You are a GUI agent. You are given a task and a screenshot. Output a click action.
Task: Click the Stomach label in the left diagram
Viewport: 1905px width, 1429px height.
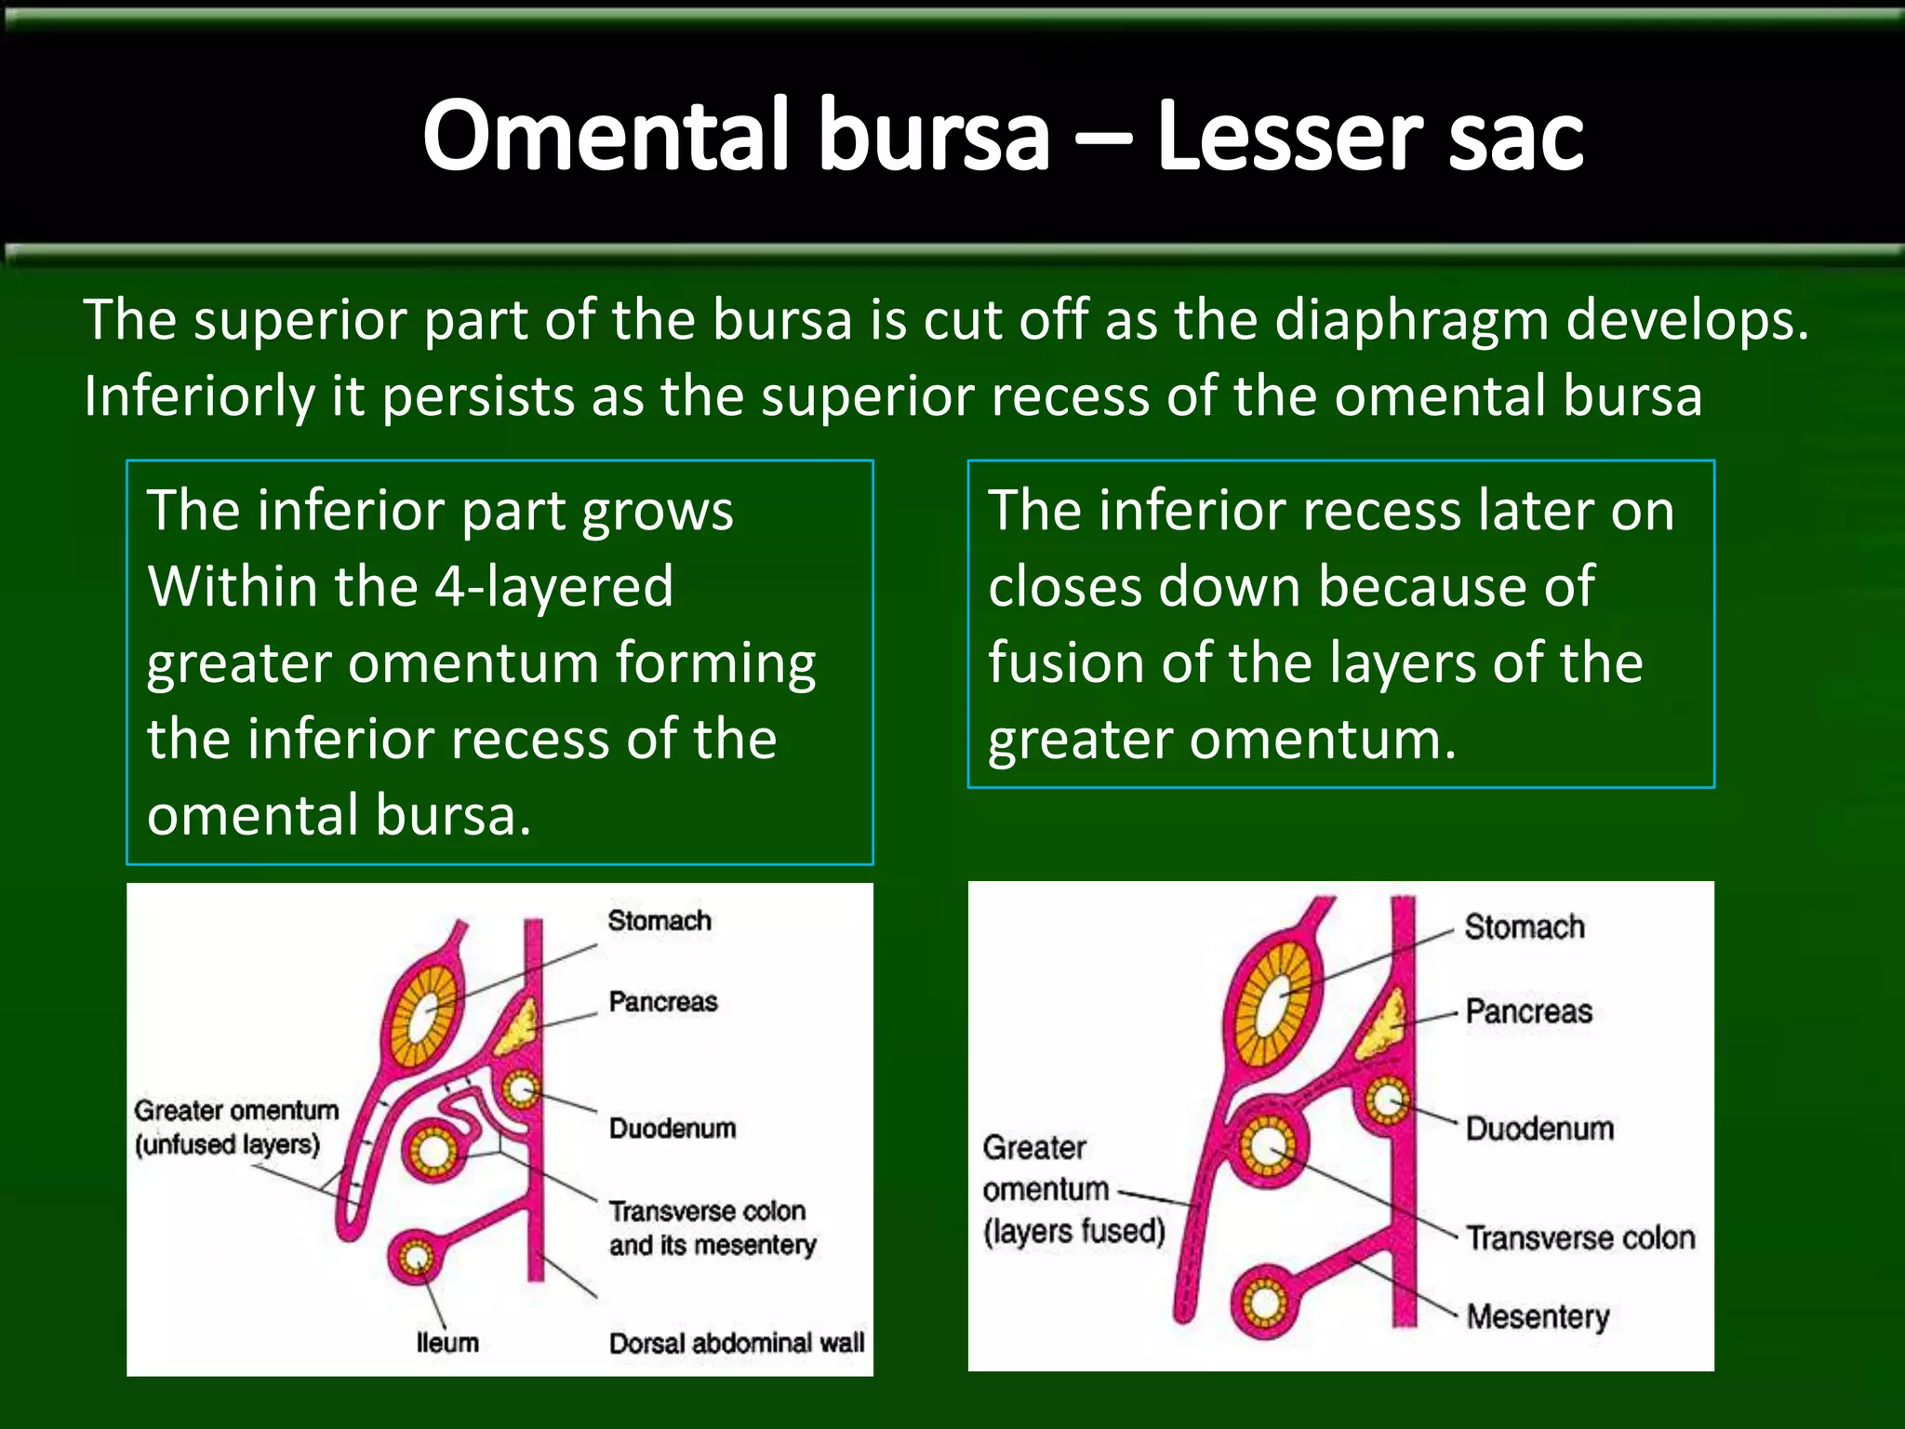(x=659, y=921)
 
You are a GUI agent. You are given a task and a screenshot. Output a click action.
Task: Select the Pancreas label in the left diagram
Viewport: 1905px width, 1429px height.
(x=663, y=1002)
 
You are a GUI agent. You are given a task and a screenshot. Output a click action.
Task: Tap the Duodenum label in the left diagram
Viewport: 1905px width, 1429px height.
(x=673, y=1129)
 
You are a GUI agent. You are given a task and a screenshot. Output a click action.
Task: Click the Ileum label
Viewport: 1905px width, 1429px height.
(x=447, y=1342)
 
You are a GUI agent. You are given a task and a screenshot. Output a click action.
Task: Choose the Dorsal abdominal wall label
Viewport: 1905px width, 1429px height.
(x=737, y=1342)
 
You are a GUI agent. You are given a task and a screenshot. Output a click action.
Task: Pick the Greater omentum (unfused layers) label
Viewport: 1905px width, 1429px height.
(x=235, y=1127)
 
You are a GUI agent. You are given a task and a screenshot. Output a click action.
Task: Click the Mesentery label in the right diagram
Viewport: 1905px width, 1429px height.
(x=1538, y=1316)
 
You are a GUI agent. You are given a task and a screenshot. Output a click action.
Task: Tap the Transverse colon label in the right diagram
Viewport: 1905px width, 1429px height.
(x=1580, y=1237)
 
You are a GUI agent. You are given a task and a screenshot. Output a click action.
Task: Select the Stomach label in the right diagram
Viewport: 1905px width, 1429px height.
(x=1525, y=927)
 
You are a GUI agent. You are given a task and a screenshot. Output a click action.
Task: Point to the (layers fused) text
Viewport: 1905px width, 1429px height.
(x=1074, y=1231)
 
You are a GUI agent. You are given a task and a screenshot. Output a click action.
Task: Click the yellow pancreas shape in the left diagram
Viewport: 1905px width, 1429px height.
(x=518, y=1026)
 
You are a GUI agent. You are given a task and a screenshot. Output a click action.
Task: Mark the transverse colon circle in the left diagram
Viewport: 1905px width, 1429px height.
(x=434, y=1152)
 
